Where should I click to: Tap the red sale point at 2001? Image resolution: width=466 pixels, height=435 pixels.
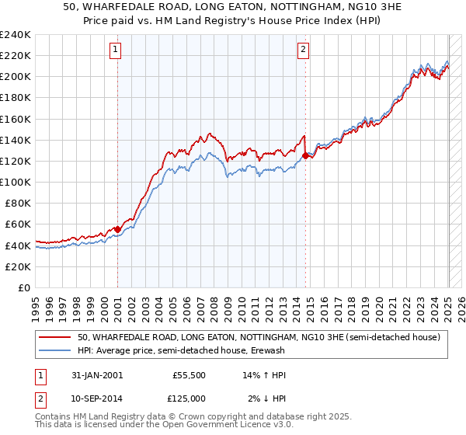pyautogui.click(x=117, y=229)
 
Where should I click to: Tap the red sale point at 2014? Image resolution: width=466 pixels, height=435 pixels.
pyautogui.click(x=305, y=156)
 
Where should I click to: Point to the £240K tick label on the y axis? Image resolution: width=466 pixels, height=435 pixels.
pyautogui.click(x=16, y=35)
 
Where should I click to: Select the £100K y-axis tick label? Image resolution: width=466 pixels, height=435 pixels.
pyautogui.click(x=16, y=182)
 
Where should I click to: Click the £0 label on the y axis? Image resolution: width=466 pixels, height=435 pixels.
pyautogui.click(x=23, y=287)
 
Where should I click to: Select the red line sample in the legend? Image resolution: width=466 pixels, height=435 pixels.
pyautogui.click(x=55, y=337)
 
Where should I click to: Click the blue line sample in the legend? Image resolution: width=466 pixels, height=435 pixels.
pyautogui.click(x=55, y=350)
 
